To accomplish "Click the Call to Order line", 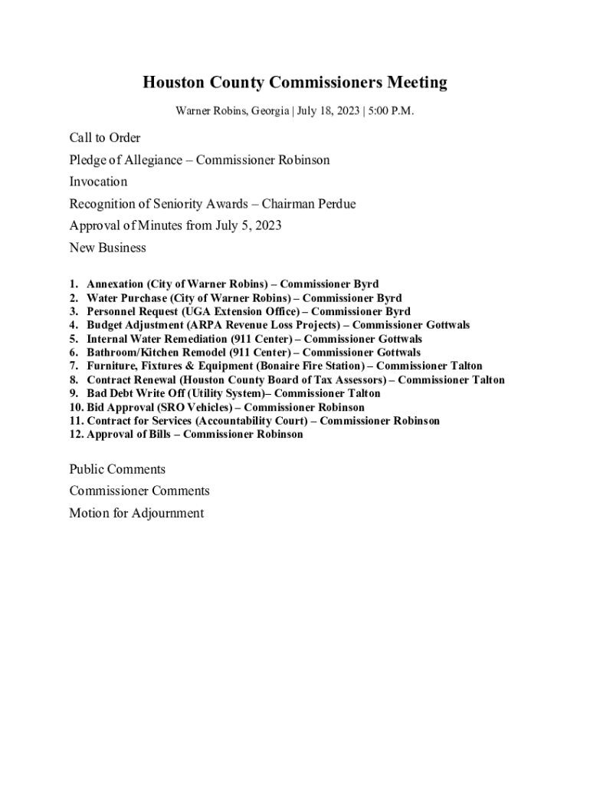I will tap(105, 138).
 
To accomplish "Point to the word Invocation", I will tap(98, 182).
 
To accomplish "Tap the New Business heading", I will tap(107, 248).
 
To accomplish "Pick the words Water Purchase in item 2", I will tap(126, 298).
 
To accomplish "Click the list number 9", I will tap(74, 393).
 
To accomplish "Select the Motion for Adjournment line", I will tap(136, 513).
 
